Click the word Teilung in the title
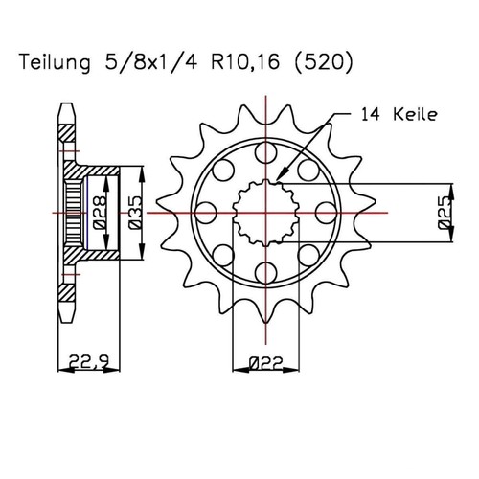[x=56, y=63]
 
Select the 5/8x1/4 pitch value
[x=150, y=62]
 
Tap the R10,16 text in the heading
[x=245, y=62]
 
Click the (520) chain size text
[x=323, y=62]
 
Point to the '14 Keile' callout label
[x=399, y=114]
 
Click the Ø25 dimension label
[x=445, y=213]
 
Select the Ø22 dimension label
[x=265, y=363]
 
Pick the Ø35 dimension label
[x=135, y=213]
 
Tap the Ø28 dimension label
[x=100, y=213]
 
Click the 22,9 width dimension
[x=89, y=361]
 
